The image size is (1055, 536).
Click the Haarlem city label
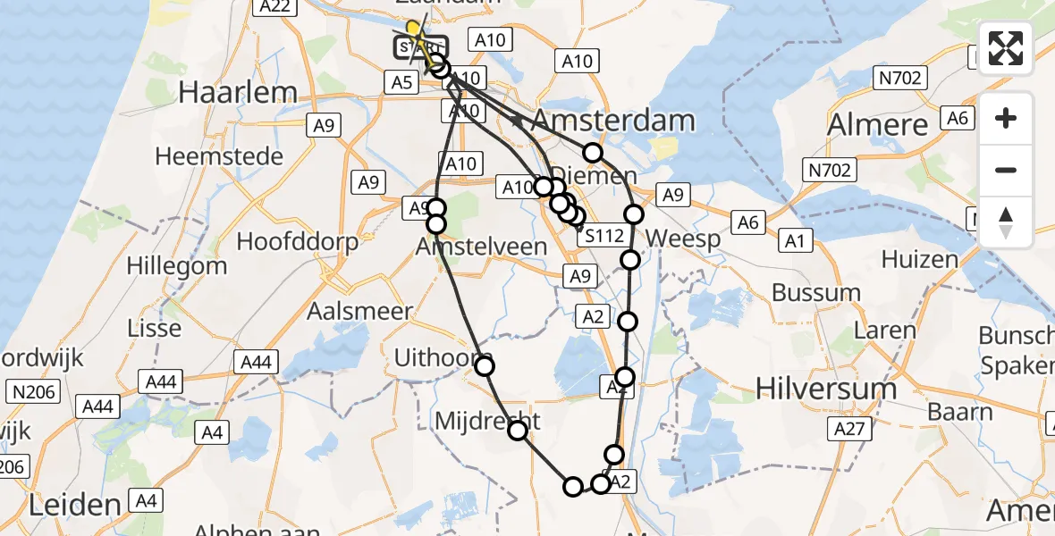(238, 91)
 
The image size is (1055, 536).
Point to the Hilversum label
(826, 389)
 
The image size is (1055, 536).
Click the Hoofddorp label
(298, 242)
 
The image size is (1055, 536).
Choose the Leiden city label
(74, 505)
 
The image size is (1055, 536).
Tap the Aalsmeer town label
(359, 312)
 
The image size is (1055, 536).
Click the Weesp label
(682, 239)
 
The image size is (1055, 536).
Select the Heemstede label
(219, 156)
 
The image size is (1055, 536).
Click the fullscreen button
(1006, 48)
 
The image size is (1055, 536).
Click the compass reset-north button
(1006, 222)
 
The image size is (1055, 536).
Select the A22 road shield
(274, 7)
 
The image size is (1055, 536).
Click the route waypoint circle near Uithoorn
(485, 365)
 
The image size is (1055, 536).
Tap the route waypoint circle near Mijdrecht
(518, 431)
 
